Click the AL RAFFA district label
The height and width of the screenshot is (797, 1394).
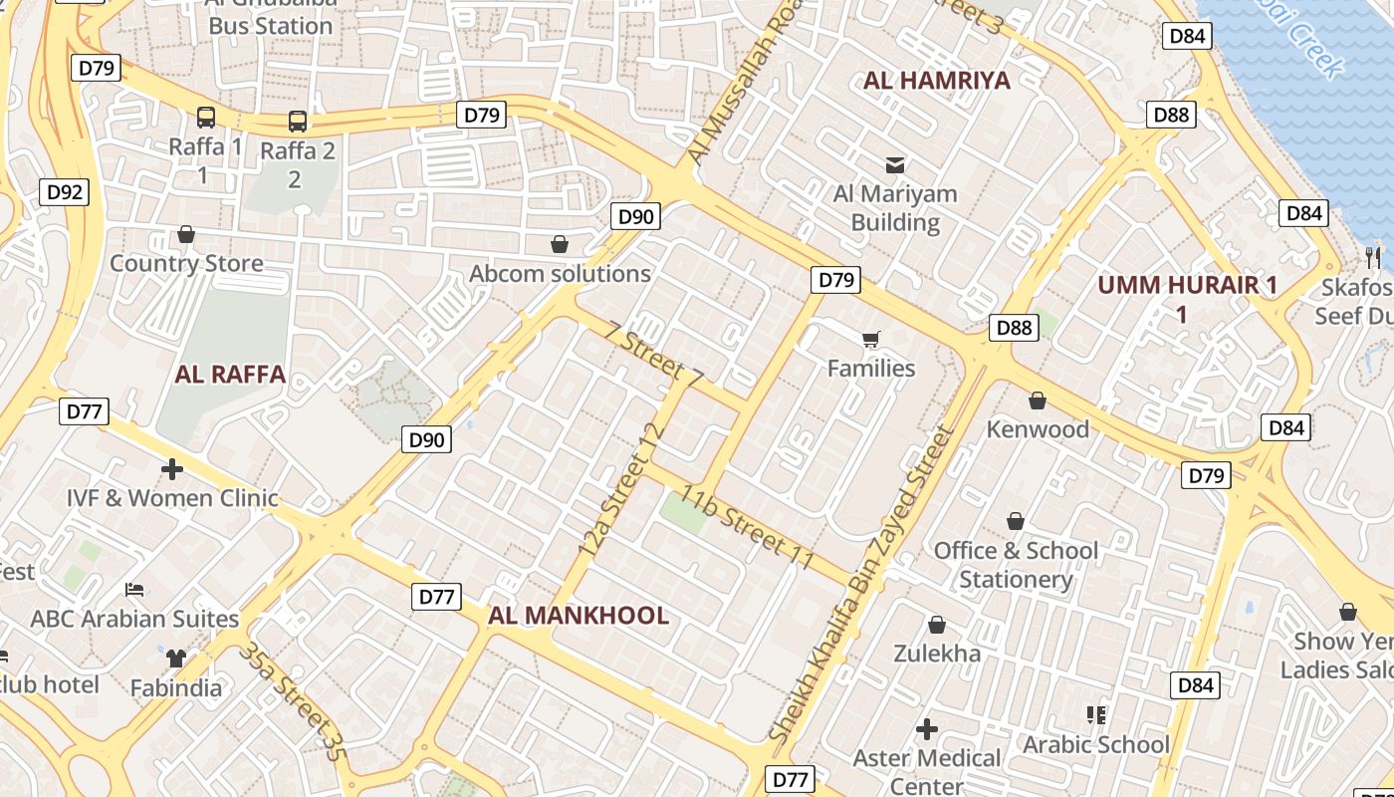tap(230, 375)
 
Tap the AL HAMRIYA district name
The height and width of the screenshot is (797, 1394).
tap(936, 81)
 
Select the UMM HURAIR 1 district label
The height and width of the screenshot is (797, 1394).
tap(1187, 285)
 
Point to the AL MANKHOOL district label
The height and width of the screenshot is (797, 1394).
tap(578, 616)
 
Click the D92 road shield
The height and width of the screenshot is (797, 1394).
tap(65, 192)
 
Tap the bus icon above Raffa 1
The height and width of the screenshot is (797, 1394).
tap(205, 118)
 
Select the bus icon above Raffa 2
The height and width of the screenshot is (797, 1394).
tap(297, 122)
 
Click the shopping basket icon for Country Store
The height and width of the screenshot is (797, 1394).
tap(185, 235)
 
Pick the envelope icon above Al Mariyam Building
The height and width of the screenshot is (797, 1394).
tap(895, 164)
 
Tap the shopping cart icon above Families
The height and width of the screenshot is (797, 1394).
tap(871, 340)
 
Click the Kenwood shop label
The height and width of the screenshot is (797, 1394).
tap(1038, 429)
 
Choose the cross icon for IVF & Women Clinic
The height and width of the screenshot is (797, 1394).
tap(172, 468)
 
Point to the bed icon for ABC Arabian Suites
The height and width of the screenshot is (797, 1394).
tap(134, 590)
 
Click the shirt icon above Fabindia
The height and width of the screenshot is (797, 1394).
tap(176, 658)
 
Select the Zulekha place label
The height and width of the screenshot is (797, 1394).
tap(936, 654)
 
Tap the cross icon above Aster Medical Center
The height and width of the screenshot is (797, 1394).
tap(926, 729)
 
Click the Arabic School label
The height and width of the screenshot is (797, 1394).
tap(1096, 744)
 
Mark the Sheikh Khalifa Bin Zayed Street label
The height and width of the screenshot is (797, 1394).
tap(862, 584)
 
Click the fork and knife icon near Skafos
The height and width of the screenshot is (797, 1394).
tap(1374, 257)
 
